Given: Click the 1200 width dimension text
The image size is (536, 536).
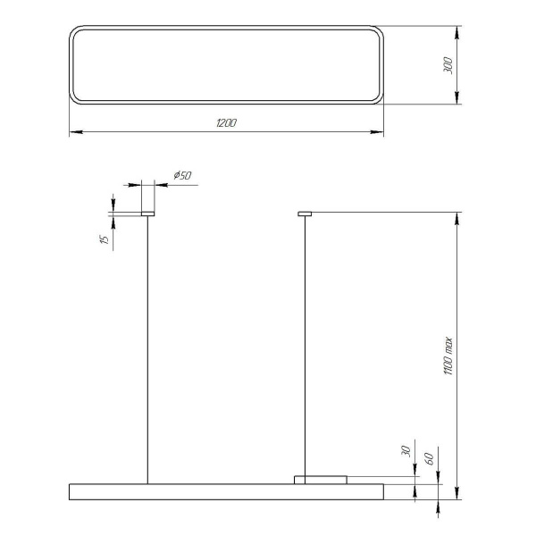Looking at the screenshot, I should click(x=226, y=122).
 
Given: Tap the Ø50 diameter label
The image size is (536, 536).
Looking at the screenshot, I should click(x=181, y=176).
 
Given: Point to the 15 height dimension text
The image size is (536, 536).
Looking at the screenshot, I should click(x=105, y=239).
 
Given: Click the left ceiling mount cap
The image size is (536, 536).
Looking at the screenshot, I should click(x=147, y=214).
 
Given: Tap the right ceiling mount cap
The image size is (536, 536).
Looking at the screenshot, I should click(x=305, y=214).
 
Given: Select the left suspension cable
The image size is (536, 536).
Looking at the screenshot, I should click(x=147, y=348).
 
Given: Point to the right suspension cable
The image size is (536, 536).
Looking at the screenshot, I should click(x=305, y=348).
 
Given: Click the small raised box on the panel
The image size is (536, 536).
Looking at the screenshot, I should click(x=321, y=480).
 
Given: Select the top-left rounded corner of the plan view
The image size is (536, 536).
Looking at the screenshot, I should click(x=75, y=31).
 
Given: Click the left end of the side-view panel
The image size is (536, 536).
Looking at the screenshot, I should click(x=71, y=490).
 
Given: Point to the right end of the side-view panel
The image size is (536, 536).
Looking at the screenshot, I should click(x=381, y=490).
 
